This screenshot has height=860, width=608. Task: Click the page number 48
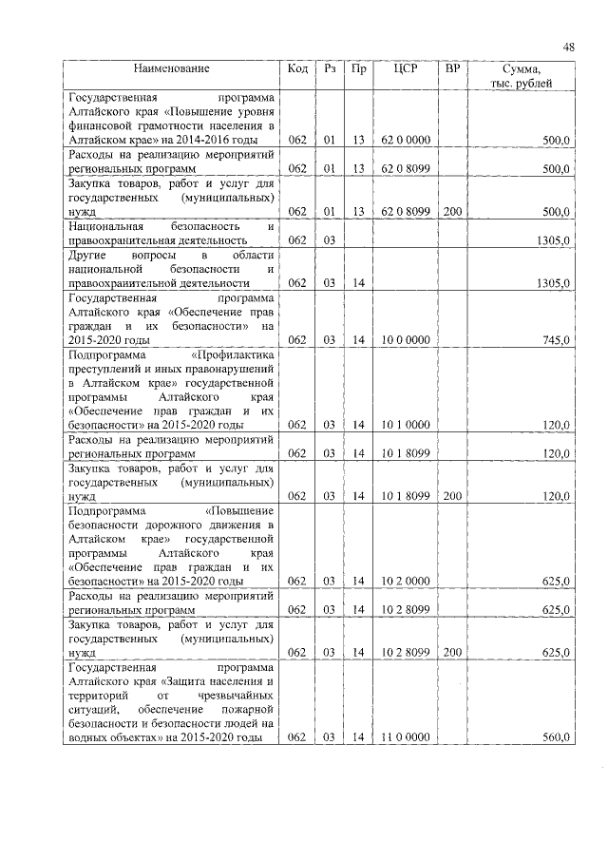(568, 47)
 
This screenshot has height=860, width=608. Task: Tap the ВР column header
(452, 68)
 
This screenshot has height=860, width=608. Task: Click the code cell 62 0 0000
(406, 140)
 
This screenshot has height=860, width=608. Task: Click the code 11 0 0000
(406, 737)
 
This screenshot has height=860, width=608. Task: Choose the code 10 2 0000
(406, 581)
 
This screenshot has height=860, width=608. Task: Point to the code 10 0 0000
(406, 339)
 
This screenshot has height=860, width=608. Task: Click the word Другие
(87, 256)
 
